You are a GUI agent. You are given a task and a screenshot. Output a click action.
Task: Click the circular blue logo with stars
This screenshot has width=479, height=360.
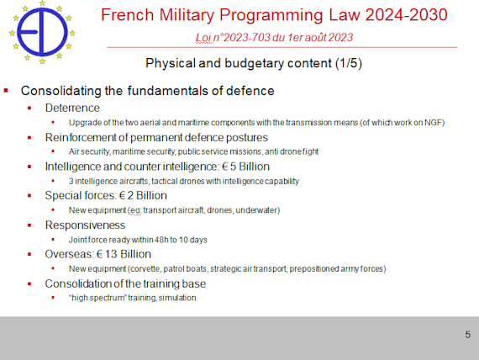point(42,32)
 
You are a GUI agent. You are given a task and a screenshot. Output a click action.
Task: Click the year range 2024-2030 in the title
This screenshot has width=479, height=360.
point(406,15)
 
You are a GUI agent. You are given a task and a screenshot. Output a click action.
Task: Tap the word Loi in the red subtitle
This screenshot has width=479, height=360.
point(203,37)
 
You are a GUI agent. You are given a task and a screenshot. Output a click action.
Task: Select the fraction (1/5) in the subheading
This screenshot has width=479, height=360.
point(349,63)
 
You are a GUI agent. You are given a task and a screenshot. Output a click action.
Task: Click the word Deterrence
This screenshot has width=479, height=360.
point(72,108)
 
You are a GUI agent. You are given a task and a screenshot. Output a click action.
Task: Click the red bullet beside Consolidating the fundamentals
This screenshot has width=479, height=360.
point(6,90)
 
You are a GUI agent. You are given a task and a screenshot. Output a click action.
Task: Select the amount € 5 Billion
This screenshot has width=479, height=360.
point(245,167)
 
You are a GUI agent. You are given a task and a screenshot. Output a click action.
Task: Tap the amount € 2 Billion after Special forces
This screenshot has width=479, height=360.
point(143,196)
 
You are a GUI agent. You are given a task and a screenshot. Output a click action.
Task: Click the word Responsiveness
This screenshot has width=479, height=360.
point(85,225)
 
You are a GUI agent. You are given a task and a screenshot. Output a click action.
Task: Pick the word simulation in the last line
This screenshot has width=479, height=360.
point(177,298)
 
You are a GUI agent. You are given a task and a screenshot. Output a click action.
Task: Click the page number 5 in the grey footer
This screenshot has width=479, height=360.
point(468,335)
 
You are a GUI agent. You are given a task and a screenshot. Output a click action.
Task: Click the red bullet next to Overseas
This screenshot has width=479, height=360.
point(29,254)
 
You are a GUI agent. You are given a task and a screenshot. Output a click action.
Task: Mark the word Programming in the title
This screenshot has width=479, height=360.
point(271,16)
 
